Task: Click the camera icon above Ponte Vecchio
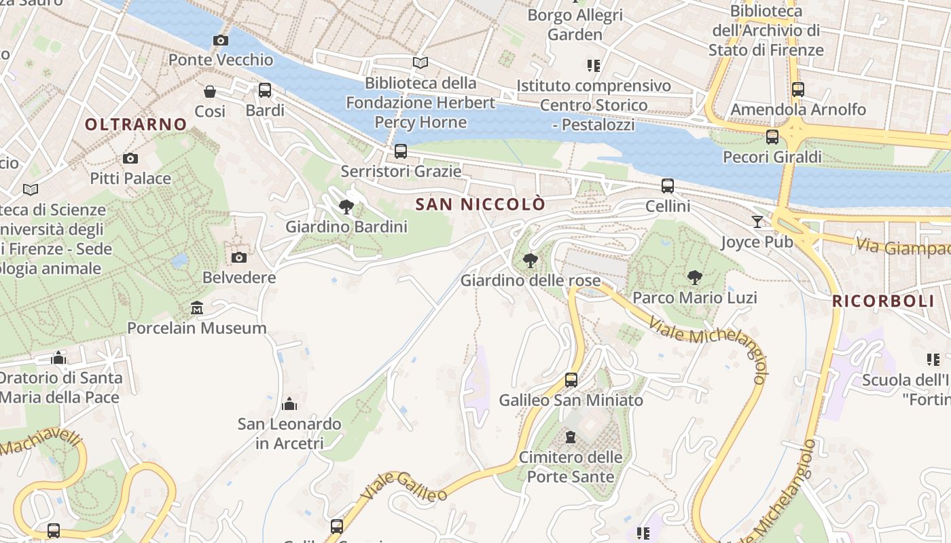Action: point(220,41)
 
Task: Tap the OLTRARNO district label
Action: point(136,124)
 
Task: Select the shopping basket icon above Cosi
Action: point(210,91)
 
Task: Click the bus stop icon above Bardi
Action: point(265,90)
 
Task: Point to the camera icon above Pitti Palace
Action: point(130,159)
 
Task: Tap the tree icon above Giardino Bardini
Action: point(346,207)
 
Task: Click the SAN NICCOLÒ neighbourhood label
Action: point(480,204)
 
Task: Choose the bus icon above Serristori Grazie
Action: point(401,151)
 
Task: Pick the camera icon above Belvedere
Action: point(239,257)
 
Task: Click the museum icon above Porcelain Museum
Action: point(197,308)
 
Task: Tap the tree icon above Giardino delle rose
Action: point(531,260)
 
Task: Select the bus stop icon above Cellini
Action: point(668,185)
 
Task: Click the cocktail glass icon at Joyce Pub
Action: point(757,221)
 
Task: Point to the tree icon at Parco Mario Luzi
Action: point(694,277)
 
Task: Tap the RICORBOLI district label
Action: point(884,301)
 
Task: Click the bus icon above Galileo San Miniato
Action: point(571,379)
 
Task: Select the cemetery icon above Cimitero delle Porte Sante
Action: point(571,436)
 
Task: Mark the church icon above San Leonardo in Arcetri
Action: point(289,404)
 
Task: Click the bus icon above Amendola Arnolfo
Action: point(798,89)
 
